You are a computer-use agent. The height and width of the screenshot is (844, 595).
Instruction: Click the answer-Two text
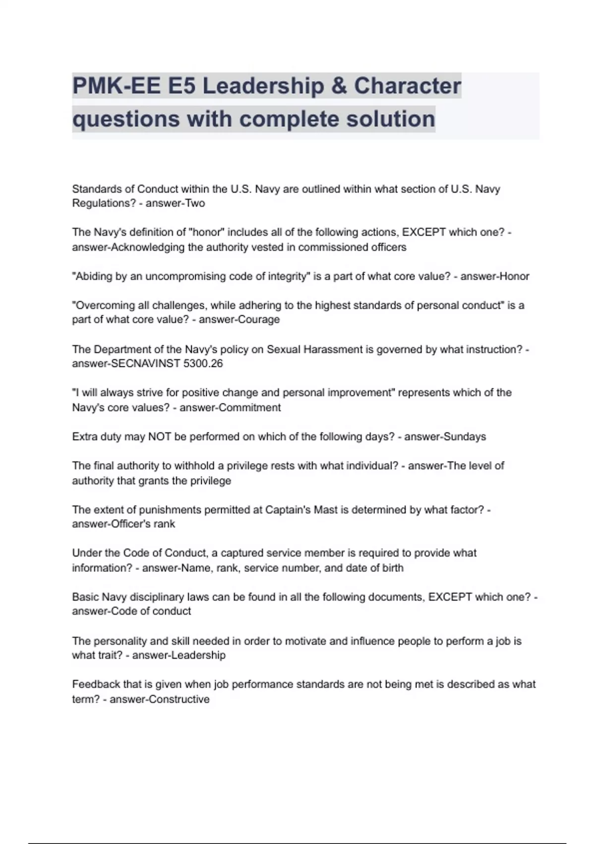point(175,203)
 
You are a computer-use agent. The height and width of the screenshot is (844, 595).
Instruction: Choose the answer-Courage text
point(239,320)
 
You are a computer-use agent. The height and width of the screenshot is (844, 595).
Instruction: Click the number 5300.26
point(203,364)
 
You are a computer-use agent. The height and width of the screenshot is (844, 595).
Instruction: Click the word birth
point(392,568)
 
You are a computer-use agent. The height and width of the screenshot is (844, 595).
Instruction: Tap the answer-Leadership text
point(178,655)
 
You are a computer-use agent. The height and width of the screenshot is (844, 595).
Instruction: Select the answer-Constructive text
point(159,700)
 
